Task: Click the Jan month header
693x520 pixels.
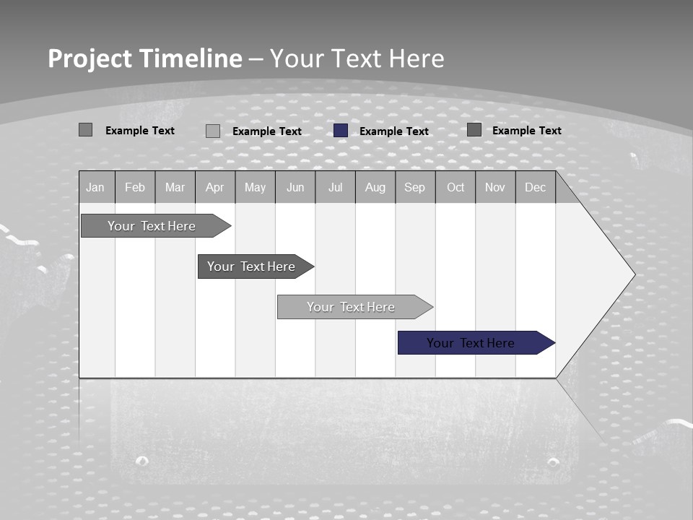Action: tap(96, 187)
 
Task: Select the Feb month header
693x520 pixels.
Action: tap(135, 187)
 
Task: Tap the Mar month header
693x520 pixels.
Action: tap(175, 187)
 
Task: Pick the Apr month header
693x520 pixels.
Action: tap(215, 187)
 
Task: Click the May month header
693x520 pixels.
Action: tap(255, 187)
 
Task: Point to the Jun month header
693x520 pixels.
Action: tap(295, 187)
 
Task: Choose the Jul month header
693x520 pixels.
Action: tap(335, 187)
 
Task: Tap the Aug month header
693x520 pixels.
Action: tap(375, 187)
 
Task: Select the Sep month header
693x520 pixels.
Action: tap(415, 187)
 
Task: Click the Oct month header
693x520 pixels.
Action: tap(456, 187)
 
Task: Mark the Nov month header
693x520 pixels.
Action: tap(495, 187)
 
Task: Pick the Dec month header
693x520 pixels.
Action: tap(536, 187)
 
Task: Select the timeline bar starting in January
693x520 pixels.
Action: tap(152, 226)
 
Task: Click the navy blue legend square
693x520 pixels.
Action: tap(341, 131)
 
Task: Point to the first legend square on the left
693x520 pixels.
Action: tap(85, 130)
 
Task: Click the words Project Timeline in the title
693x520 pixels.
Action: tap(144, 58)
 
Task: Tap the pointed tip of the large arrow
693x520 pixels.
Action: tap(632, 274)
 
